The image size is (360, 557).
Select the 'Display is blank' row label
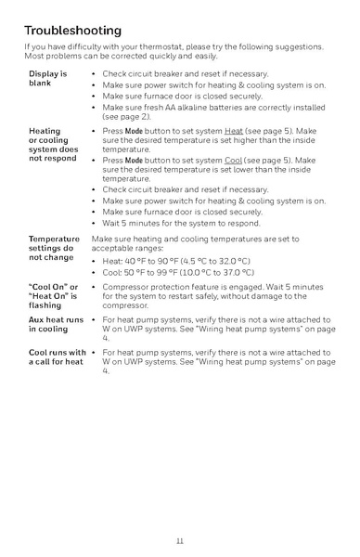pyautogui.click(x=47, y=78)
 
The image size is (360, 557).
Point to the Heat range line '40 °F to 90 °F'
pyautogui.click(x=176, y=261)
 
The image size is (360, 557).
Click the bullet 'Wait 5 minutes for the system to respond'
pyautogui.click(x=182, y=224)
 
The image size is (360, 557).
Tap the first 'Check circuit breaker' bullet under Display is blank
pyautogui.click(x=186, y=73)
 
